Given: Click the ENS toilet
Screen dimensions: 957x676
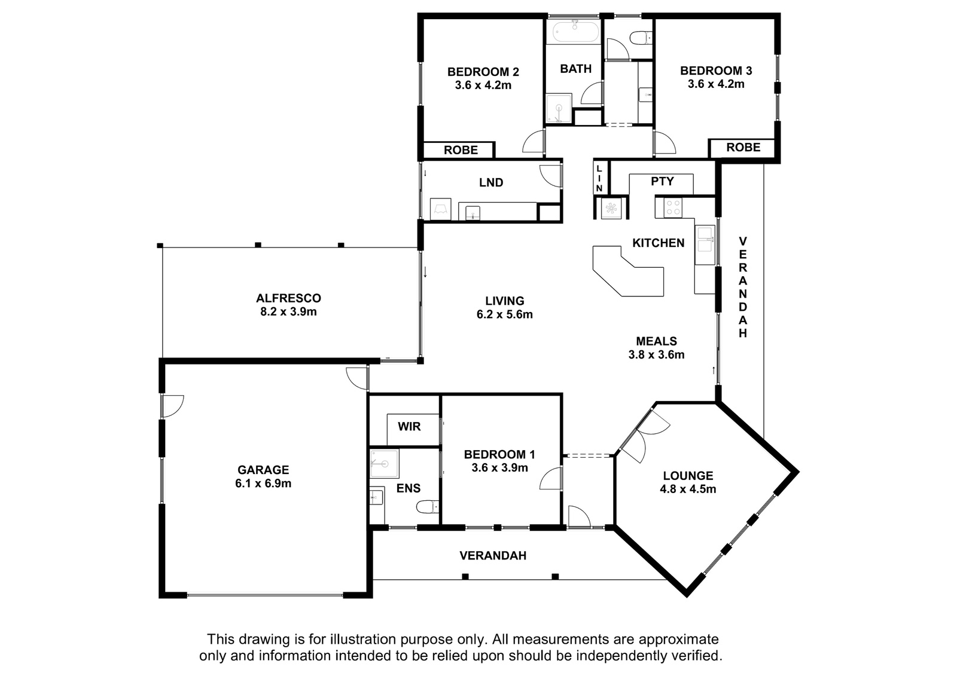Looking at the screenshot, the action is tap(428, 506).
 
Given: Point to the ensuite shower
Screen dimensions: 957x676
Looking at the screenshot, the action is tap(385, 463).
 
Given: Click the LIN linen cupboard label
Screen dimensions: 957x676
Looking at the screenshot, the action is tap(599, 178).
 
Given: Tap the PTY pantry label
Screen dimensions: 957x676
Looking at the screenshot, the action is tap(662, 182).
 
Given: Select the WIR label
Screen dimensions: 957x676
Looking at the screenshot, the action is tap(409, 426).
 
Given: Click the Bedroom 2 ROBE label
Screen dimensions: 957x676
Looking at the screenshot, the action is tap(461, 150).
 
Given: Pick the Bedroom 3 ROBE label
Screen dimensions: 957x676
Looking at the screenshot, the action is tap(743, 147).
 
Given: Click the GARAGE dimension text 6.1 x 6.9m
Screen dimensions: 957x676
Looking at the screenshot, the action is tap(263, 484).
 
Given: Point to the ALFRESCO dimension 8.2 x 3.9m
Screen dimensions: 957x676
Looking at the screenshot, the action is tap(288, 312).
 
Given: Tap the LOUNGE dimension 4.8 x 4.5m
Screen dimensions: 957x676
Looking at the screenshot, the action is tap(688, 489).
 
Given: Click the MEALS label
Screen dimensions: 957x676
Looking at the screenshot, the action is tap(657, 341).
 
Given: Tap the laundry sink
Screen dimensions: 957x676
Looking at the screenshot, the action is tap(473, 212).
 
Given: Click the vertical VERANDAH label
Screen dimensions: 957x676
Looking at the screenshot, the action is tap(743, 287).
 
